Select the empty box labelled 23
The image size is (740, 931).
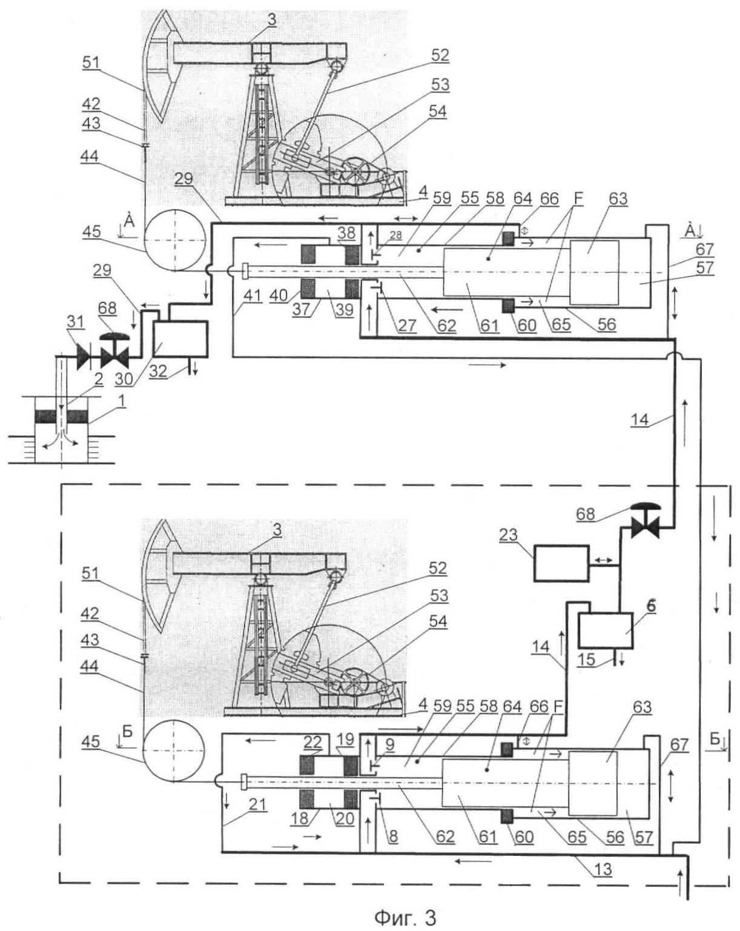pos(560,563)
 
